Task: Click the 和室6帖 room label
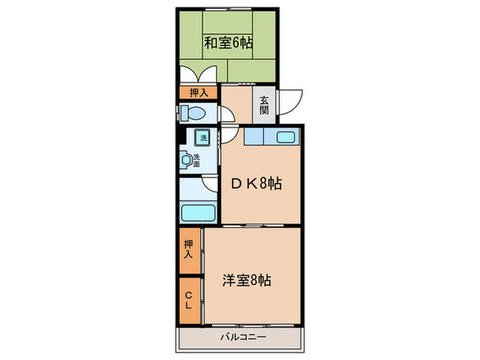click(228, 43)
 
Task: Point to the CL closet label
click(189, 300)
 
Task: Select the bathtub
click(199, 213)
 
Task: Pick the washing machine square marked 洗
click(202, 137)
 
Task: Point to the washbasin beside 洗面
click(187, 160)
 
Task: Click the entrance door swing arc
click(289, 103)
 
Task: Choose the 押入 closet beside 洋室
click(189, 249)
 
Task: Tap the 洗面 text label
click(197, 160)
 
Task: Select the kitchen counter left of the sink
click(257, 136)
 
